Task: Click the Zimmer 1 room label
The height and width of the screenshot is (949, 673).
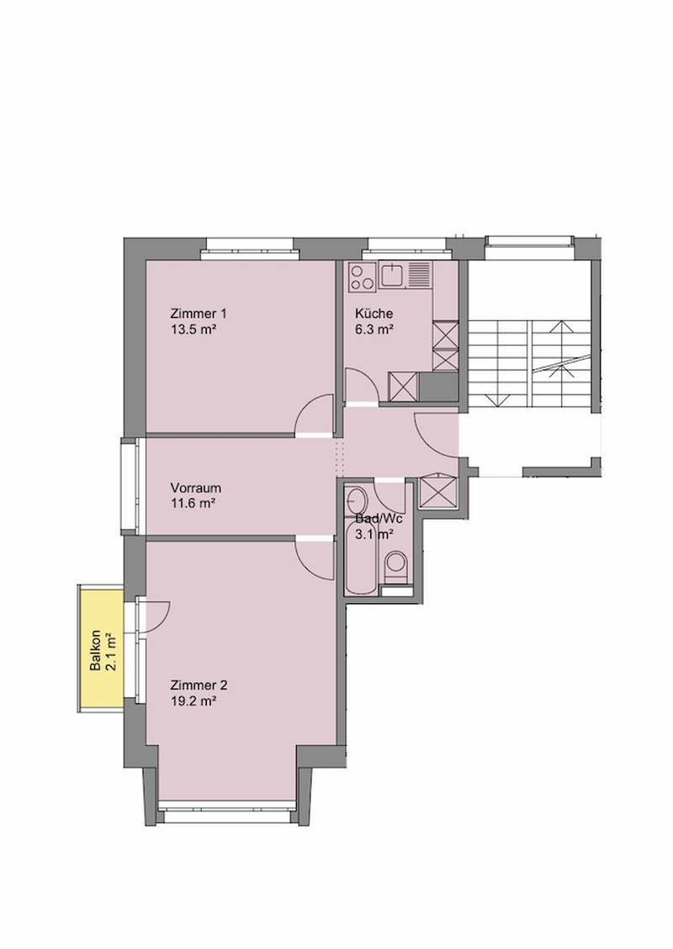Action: (199, 313)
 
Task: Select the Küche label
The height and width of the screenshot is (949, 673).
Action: (374, 313)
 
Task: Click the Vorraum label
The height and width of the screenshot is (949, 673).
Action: (195, 488)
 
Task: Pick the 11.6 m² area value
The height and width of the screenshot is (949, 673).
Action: (193, 504)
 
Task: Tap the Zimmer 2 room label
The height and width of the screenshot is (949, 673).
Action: (199, 685)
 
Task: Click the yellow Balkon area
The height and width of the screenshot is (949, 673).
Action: (101, 648)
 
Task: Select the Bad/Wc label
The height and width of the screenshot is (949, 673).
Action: (379, 519)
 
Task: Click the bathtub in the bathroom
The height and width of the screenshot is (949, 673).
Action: (360, 557)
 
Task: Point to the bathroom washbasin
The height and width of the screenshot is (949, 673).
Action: (356, 500)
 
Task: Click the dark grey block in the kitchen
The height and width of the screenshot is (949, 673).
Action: (438, 387)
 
